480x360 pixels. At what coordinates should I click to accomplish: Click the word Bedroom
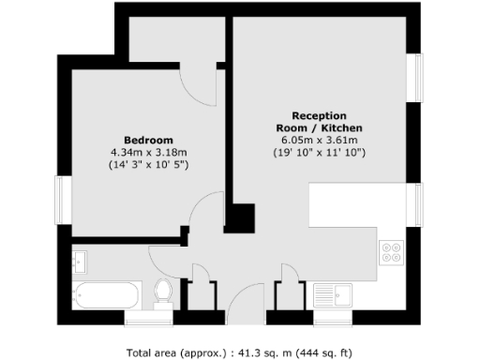[x=148, y=140]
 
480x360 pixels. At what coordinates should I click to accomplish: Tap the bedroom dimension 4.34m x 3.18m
[x=148, y=152]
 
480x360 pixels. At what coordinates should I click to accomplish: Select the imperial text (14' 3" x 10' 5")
[x=148, y=164]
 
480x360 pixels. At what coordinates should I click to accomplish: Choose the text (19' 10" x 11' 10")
[x=319, y=152]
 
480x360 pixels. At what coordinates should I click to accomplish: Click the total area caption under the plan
[x=240, y=353]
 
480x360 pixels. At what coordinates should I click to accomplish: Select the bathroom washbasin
[x=80, y=258]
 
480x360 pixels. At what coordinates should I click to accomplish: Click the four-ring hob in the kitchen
[x=390, y=251]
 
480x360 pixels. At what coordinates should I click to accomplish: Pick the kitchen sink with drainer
[x=334, y=295]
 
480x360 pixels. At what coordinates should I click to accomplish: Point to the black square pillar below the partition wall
[x=241, y=219]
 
